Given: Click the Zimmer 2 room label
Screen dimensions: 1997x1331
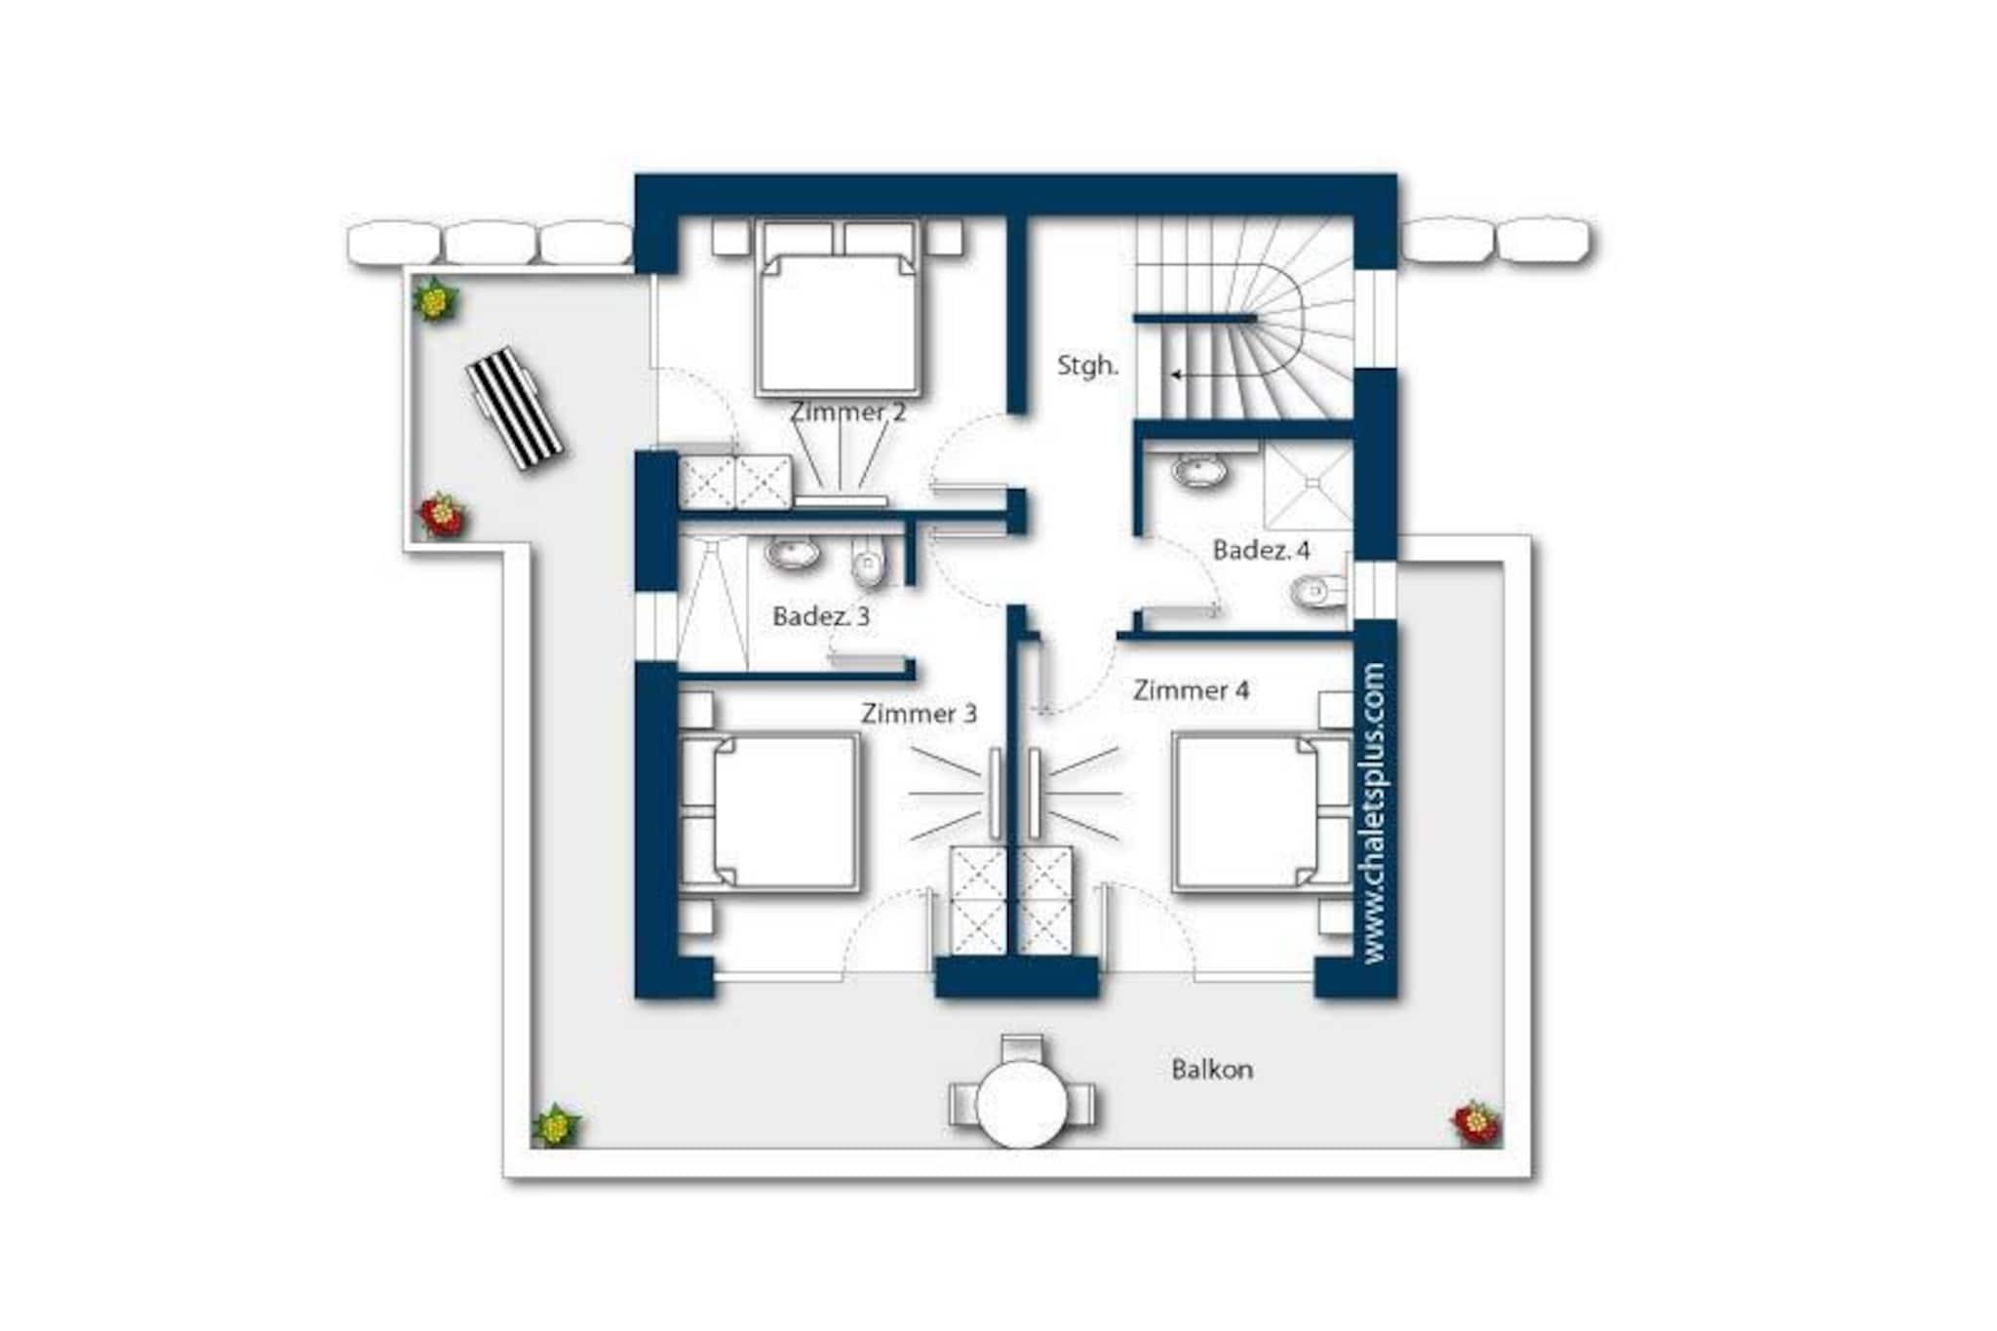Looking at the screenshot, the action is (x=847, y=412).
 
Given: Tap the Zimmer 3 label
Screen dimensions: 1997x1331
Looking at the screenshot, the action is (x=919, y=714).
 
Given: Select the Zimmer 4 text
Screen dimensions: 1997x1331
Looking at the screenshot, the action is (x=1191, y=690).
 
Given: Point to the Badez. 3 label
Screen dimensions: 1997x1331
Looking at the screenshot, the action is (x=821, y=616).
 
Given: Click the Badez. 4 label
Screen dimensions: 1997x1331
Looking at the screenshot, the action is (x=1261, y=550).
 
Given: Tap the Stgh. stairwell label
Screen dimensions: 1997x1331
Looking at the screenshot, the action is (x=1087, y=366).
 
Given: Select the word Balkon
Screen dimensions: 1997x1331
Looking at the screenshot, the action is (x=1212, y=1070).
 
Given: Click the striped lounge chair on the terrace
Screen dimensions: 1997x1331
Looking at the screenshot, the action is (x=515, y=409).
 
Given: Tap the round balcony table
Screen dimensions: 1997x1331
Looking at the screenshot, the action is (x=1022, y=1103).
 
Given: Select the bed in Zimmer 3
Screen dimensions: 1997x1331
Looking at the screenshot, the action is (x=769, y=812).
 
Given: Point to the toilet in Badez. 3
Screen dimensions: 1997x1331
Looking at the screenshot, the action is (x=867, y=563).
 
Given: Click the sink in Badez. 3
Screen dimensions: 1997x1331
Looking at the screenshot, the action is (x=792, y=554).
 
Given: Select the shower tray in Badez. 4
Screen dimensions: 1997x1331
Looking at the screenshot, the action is (x=1308, y=486).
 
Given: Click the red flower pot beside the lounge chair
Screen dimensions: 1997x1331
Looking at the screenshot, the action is (x=441, y=515).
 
